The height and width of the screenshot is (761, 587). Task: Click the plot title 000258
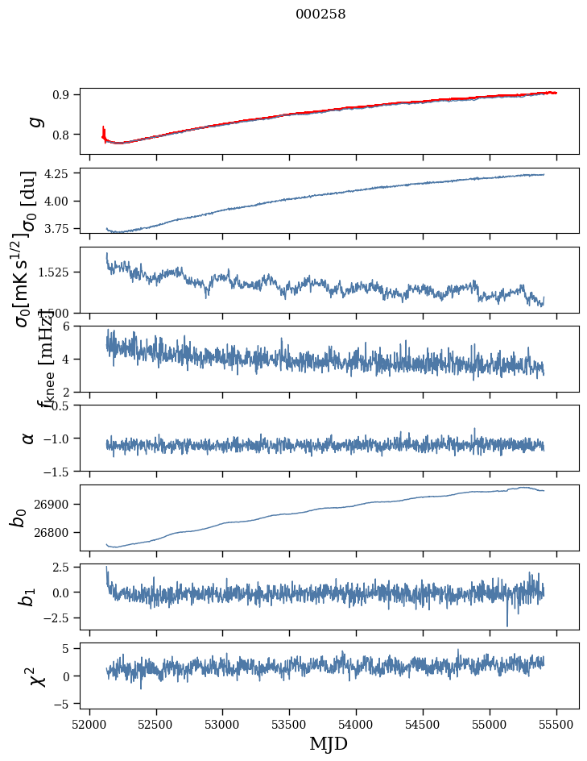coord(320,14)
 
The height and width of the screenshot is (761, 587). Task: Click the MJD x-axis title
coord(329,743)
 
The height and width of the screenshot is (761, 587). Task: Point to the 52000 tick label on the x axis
coord(89,723)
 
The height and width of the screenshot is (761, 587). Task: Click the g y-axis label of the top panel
coord(35,121)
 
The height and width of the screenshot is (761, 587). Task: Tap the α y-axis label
coord(29,438)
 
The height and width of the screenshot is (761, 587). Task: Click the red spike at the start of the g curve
coord(104,131)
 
